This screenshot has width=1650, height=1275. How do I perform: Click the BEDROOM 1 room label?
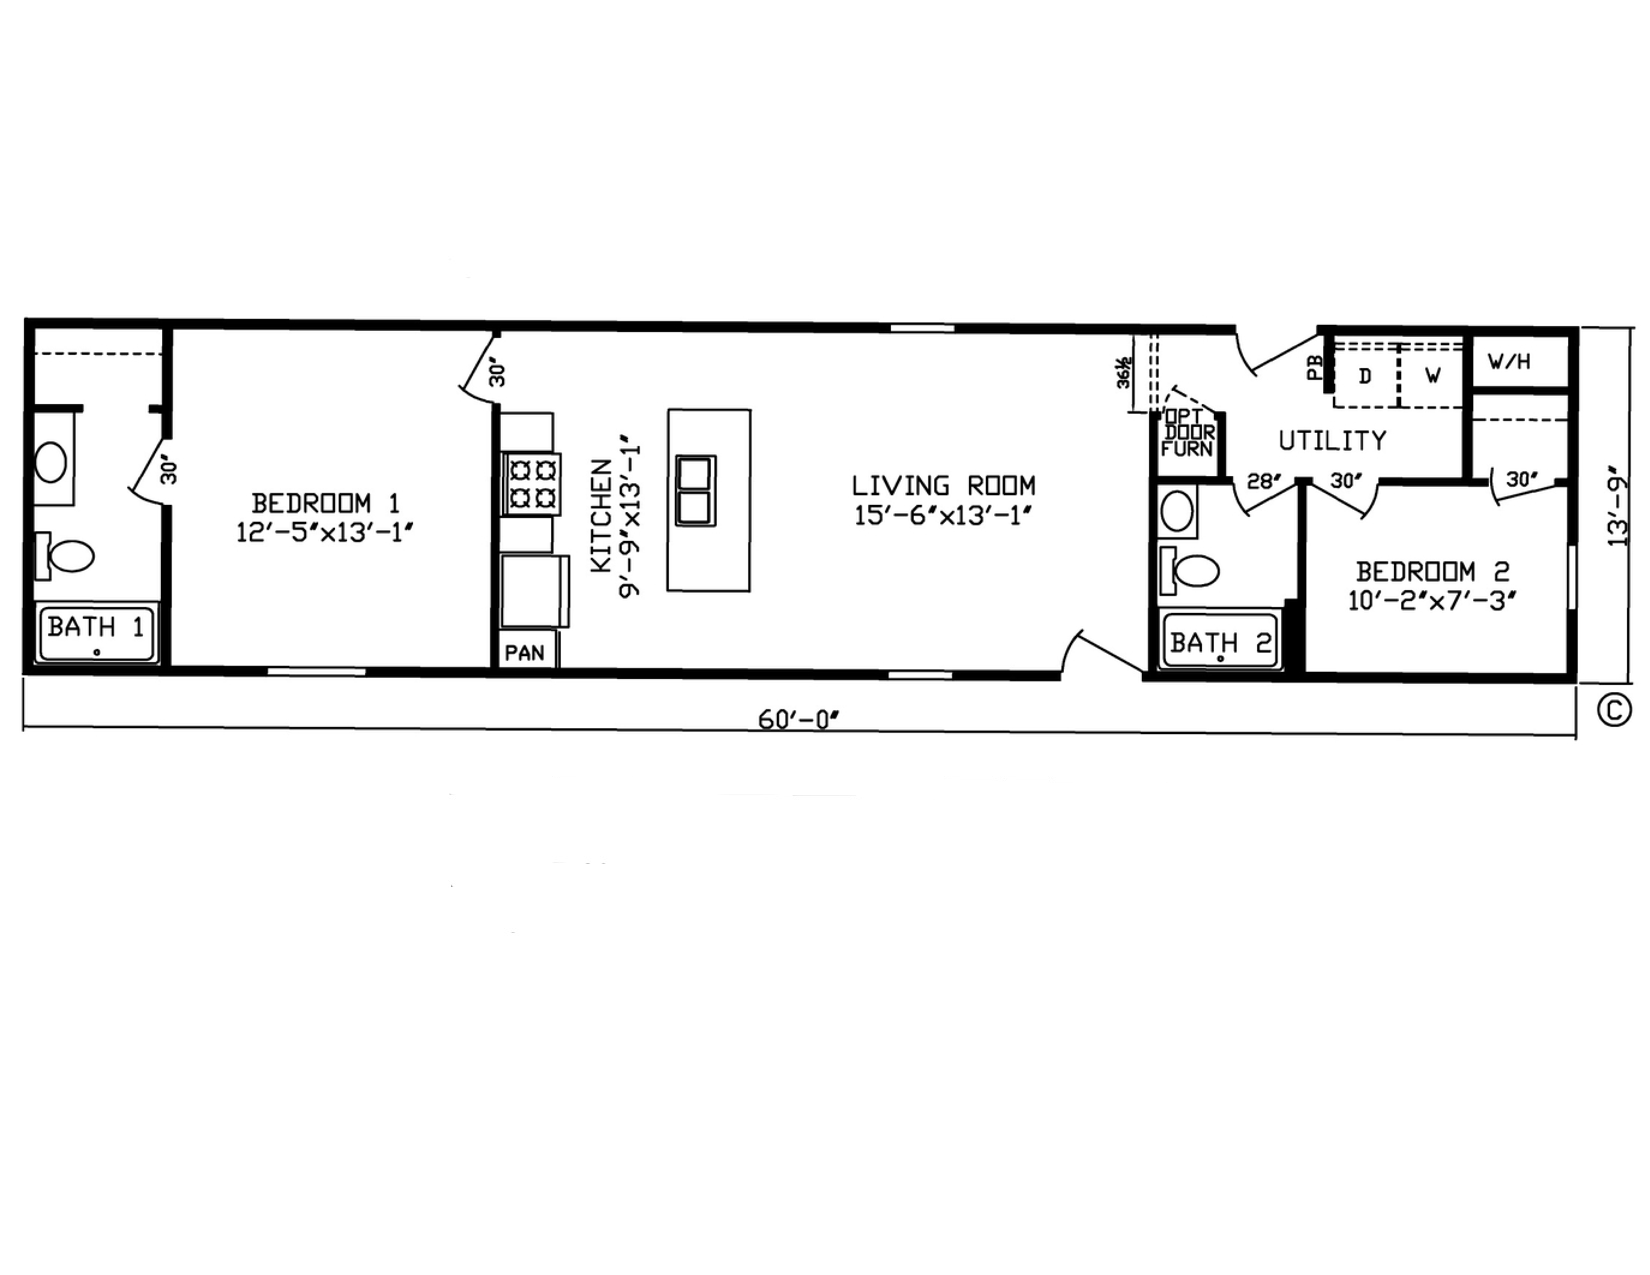pos(326,503)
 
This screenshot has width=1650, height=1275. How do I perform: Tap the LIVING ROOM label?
pos(943,485)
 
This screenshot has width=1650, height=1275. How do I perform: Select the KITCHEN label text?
pos(601,516)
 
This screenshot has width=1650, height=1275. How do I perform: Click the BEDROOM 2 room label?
pos(1432,571)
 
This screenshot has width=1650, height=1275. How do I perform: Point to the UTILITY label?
pos(1333,440)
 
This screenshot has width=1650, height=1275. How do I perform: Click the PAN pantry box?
pos(525,652)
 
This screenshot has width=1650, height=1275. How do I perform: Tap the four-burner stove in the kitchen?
pos(531,484)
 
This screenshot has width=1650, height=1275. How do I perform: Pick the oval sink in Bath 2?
pos(1177,511)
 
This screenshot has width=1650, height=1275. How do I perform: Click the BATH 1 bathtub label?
pos(96,627)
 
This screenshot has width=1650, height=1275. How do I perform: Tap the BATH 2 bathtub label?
pos(1220,643)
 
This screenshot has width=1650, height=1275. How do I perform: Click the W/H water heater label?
pos(1509,362)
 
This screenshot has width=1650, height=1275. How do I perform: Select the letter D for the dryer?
pos(1364,376)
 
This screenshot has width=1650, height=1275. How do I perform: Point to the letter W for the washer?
pos(1433,376)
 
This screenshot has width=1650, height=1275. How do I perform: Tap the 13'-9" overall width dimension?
pos(1618,506)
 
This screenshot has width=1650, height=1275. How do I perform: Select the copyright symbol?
pos(1614,710)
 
